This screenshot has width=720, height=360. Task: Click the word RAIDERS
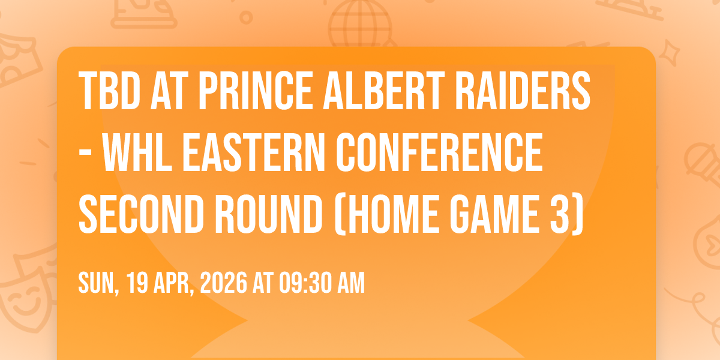523,91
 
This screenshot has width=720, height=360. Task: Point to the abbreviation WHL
137,152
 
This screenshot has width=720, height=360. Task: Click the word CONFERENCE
439,152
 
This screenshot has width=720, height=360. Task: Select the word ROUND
269,214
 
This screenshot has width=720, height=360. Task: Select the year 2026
224,283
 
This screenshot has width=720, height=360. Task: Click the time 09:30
305,283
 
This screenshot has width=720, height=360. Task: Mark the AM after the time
351,283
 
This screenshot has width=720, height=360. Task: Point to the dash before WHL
85,155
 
